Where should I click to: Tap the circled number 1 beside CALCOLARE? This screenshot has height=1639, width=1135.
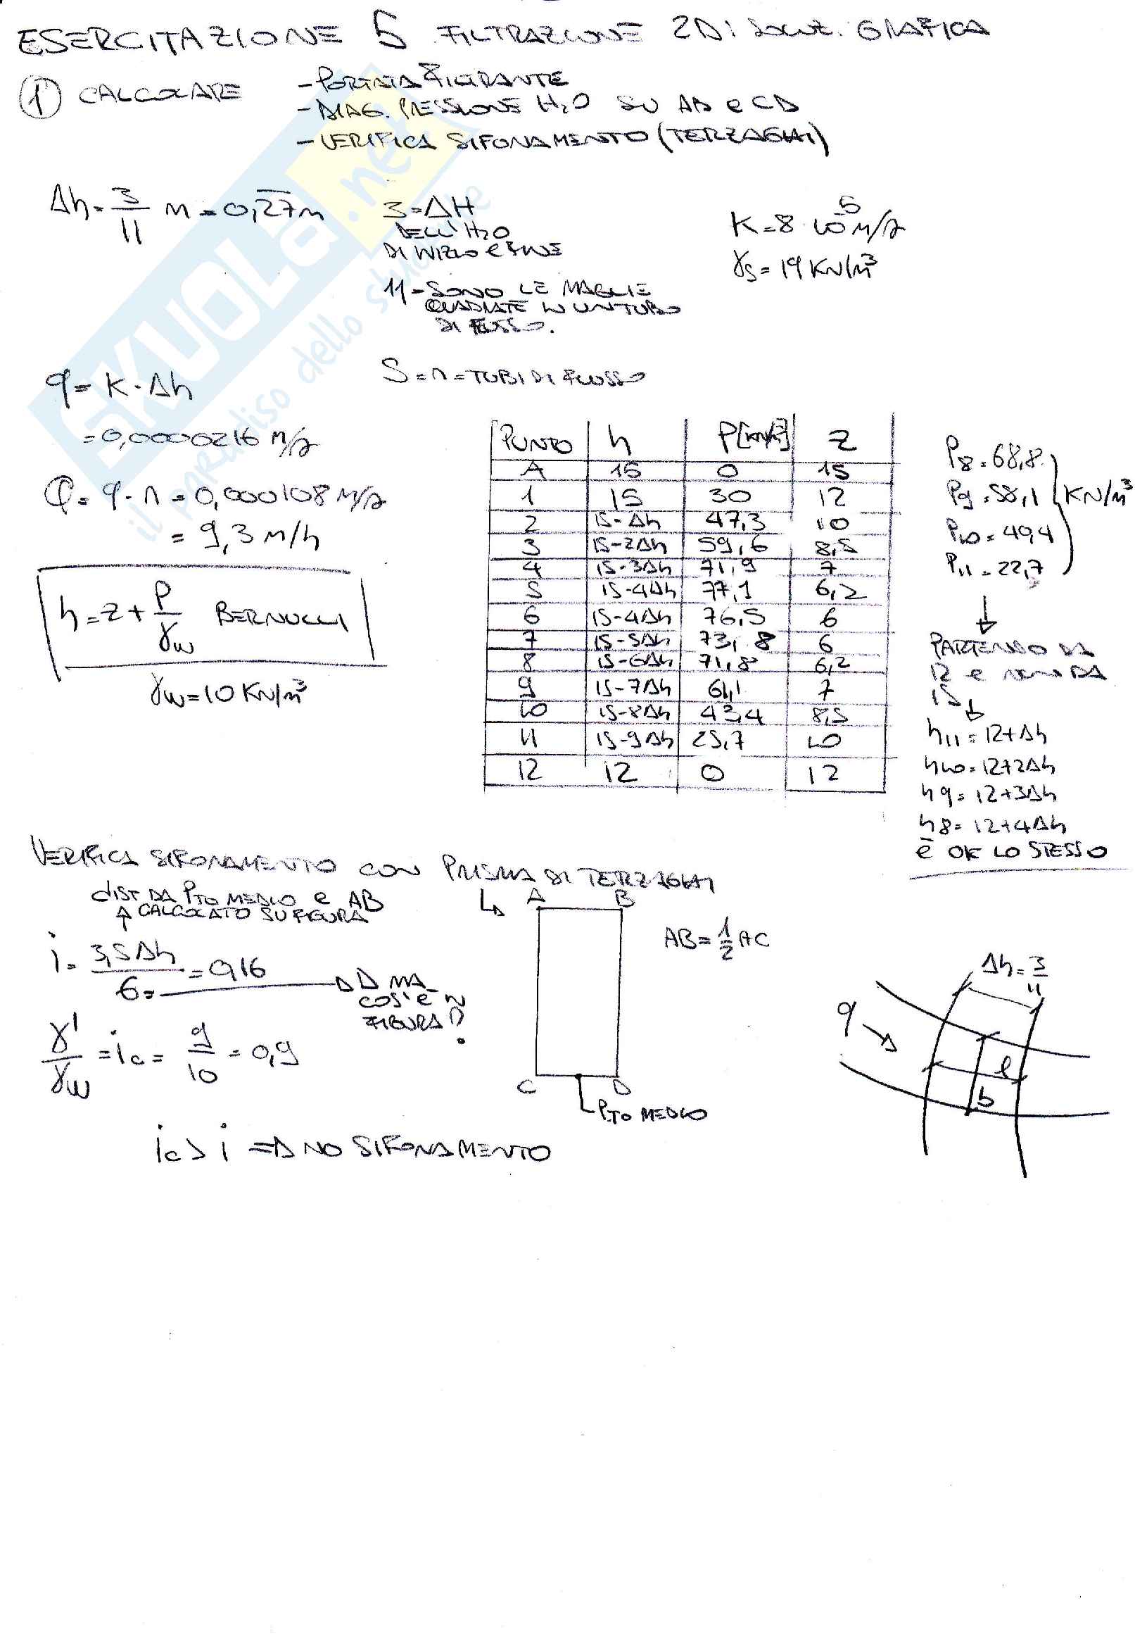[40, 97]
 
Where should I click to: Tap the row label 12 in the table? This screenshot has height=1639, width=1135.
[528, 770]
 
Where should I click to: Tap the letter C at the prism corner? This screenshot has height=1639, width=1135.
[527, 1086]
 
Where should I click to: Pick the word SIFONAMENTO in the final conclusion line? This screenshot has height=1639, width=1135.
[455, 1150]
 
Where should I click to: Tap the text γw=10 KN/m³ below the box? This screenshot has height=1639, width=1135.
[227, 692]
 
